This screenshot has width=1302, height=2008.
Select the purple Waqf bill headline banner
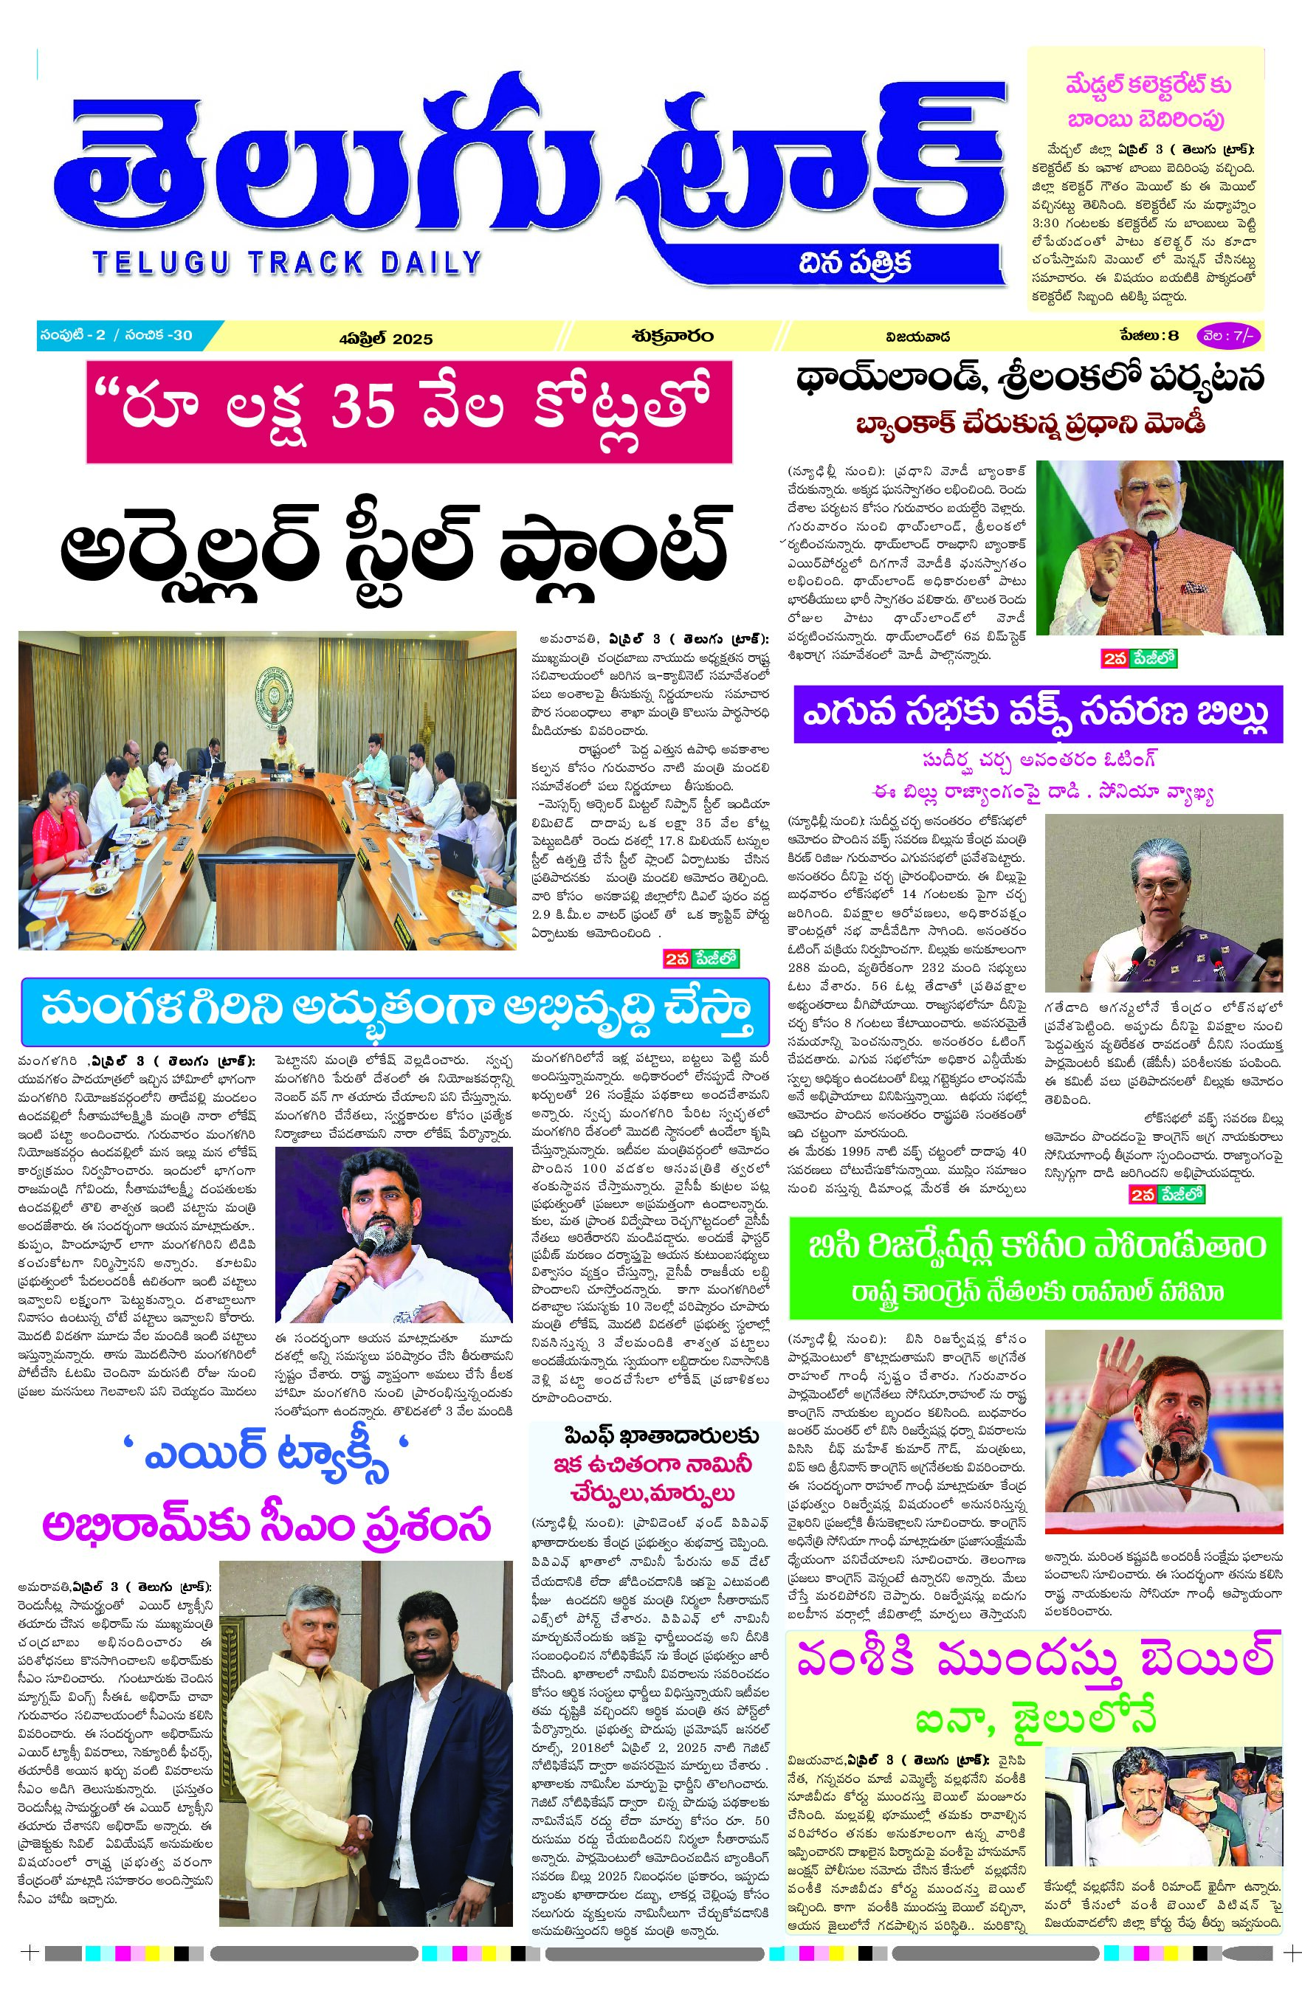click(1037, 713)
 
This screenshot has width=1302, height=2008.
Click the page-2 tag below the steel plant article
click(700, 959)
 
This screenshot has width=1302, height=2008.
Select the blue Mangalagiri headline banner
click(395, 1011)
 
